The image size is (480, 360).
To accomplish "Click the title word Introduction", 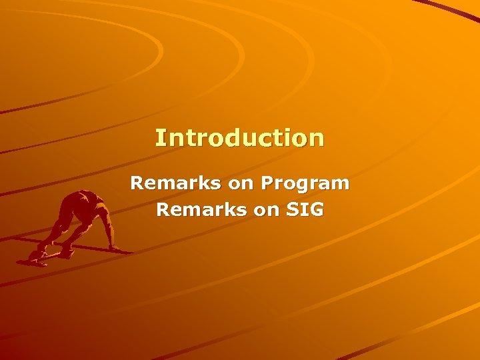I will (240, 138).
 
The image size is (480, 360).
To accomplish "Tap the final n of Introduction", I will (317, 139).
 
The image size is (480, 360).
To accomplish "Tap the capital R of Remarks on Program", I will (137, 183).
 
